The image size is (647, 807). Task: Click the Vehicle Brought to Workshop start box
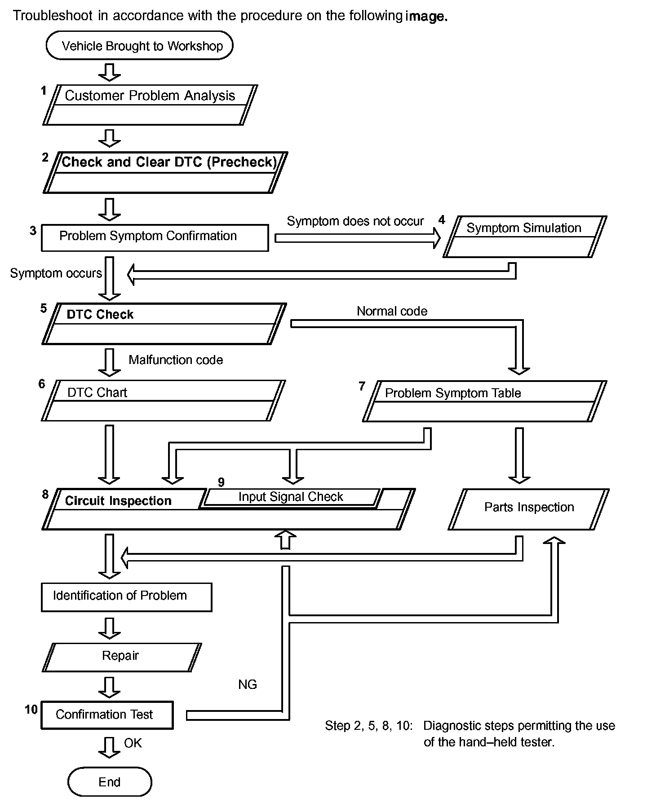(139, 45)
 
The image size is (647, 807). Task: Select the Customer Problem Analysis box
(150, 105)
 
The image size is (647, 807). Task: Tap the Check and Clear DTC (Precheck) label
(169, 162)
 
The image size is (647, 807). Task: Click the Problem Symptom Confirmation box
(155, 238)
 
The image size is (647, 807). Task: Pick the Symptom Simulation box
(525, 237)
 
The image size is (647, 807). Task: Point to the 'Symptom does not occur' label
(355, 221)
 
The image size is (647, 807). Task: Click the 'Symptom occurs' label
(56, 273)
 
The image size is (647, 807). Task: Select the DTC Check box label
(100, 314)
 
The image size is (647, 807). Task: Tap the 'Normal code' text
(392, 311)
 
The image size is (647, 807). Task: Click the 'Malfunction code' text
(176, 360)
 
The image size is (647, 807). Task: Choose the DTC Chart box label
(97, 393)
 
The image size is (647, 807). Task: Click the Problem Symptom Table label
(453, 393)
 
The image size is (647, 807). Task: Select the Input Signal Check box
(291, 497)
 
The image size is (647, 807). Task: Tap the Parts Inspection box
(528, 509)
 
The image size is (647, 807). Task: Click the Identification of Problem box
(126, 597)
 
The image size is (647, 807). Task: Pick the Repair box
(122, 657)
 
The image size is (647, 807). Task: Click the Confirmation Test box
(107, 715)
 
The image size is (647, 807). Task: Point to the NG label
(248, 684)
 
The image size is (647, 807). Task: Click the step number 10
(31, 709)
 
